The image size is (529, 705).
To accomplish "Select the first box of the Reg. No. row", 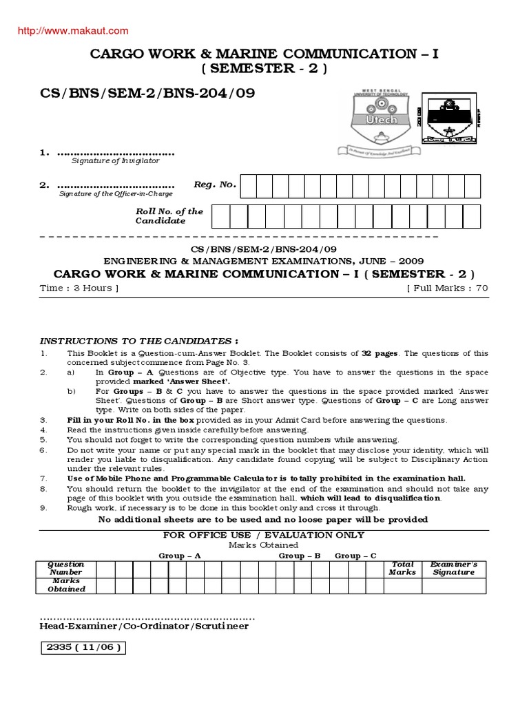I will pyautogui.click(x=249, y=186).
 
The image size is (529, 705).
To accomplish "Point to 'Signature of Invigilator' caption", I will pyautogui.click(x=115, y=160).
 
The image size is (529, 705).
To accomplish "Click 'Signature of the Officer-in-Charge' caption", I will pyautogui.click(x=115, y=193).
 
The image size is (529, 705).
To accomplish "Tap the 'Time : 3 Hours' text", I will pyautogui.click(x=80, y=288).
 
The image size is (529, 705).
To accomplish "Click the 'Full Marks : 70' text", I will pyautogui.click(x=448, y=288).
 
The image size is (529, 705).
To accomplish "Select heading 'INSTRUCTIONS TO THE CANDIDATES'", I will pyautogui.click(x=139, y=341).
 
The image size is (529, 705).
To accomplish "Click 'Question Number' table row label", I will pyautogui.click(x=66, y=568).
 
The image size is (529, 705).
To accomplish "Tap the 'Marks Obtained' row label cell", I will pyautogui.click(x=66, y=585).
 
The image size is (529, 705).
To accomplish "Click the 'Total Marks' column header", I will pyautogui.click(x=402, y=568).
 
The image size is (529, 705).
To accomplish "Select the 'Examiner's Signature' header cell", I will pyautogui.click(x=453, y=568).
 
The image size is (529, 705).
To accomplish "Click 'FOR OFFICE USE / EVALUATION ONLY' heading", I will pyautogui.click(x=263, y=535).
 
